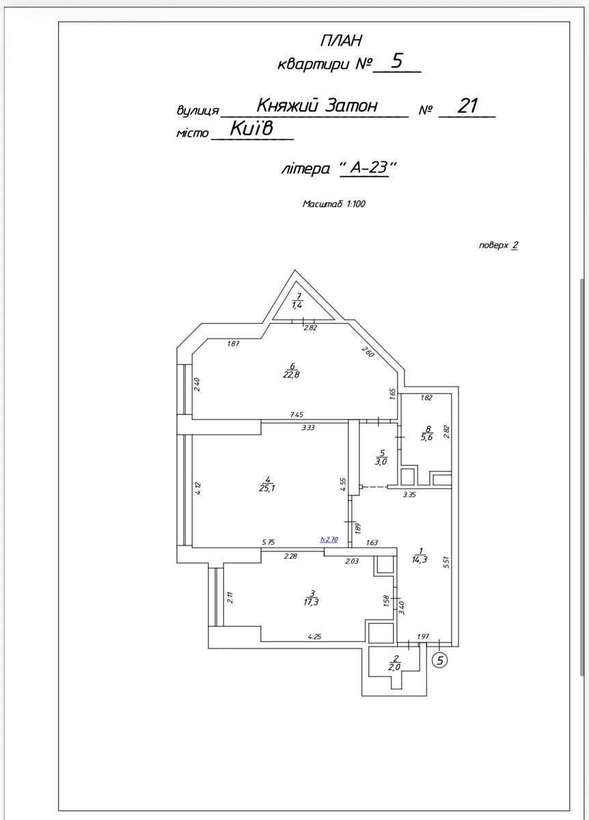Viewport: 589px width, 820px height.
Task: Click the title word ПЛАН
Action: [341, 40]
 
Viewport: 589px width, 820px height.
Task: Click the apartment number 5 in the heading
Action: [396, 61]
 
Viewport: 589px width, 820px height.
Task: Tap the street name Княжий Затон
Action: [317, 105]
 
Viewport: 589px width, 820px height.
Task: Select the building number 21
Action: [467, 106]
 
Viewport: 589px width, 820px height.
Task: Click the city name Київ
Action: [252, 128]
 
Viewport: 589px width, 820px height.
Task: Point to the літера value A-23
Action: [369, 167]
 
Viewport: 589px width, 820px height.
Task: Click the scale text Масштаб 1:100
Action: [333, 204]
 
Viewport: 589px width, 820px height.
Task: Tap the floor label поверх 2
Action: [498, 245]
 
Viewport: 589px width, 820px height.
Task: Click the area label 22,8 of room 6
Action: [291, 374]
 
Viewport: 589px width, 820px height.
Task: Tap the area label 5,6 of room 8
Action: [427, 437]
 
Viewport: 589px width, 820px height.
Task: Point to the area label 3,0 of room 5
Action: [383, 461]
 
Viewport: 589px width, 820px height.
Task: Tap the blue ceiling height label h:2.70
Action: [329, 539]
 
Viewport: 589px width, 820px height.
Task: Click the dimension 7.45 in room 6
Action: [297, 414]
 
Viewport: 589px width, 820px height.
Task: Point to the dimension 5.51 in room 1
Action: [445, 562]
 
